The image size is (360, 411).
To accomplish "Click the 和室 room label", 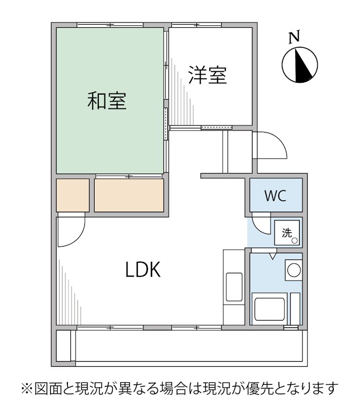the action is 107,101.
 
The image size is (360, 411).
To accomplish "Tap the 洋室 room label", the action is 207,76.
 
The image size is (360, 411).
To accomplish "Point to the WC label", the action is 276,196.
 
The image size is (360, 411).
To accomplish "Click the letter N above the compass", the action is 294,37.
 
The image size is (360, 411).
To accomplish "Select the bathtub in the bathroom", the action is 271,308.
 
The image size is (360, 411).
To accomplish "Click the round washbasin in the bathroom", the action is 293,270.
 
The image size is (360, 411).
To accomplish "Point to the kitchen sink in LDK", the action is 233,287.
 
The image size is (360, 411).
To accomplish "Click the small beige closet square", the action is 73,195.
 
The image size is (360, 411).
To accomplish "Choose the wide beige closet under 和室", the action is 129,195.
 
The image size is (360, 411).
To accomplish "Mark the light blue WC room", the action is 276,195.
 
